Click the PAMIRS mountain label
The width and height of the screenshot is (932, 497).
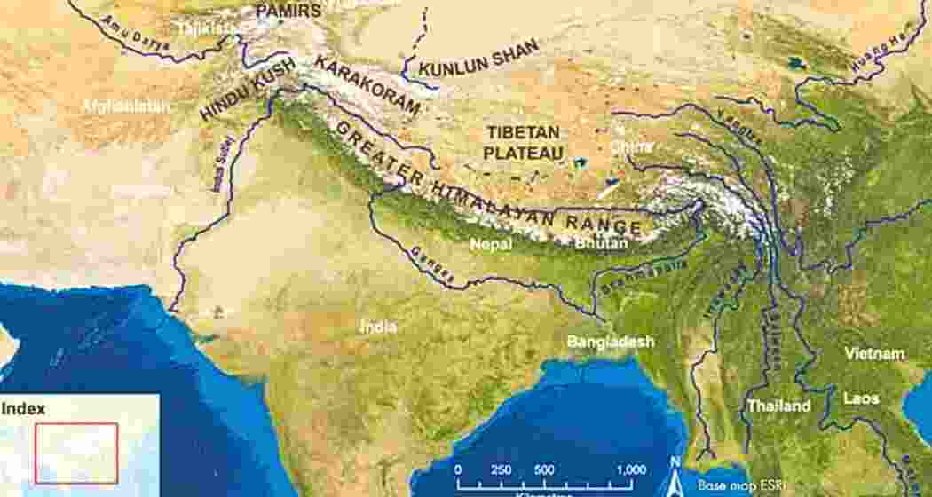click(288, 11)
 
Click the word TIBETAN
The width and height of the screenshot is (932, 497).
click(525, 132)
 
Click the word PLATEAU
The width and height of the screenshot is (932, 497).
click(525, 153)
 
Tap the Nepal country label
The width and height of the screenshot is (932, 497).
click(491, 242)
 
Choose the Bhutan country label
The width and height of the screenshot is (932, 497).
click(601, 242)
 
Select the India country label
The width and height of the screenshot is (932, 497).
click(378, 327)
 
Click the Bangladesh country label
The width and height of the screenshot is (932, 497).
click(611, 342)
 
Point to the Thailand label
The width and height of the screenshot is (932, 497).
click(778, 406)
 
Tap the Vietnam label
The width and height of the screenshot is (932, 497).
click(874, 353)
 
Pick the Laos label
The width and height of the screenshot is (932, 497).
click(860, 398)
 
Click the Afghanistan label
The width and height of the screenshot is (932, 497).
click(127, 106)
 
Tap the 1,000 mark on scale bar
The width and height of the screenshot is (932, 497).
click(630, 469)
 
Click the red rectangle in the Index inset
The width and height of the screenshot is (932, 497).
click(76, 453)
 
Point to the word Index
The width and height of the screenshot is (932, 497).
click(23, 409)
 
